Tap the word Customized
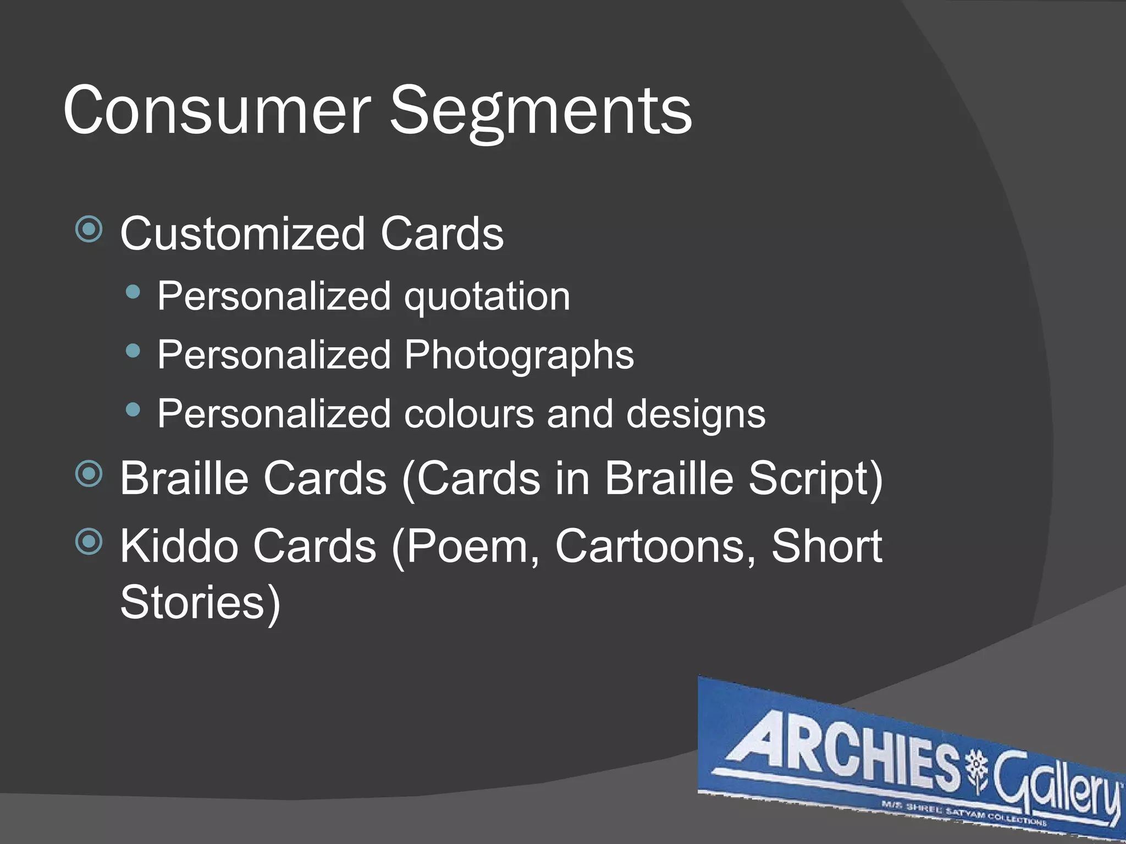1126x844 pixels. click(242, 234)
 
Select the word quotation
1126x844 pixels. click(487, 297)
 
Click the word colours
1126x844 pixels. click(469, 414)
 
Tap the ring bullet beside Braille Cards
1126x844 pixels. click(89, 474)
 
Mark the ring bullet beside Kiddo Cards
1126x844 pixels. click(89, 542)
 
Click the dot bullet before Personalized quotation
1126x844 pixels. click(133, 292)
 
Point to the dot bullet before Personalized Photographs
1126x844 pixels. click(133, 351)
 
